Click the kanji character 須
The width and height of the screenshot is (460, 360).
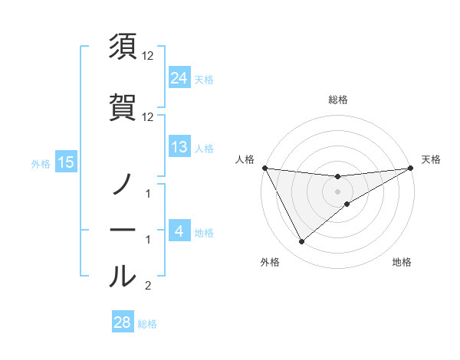123,47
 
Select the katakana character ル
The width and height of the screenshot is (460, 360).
123,276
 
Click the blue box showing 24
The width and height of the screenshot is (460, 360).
179,77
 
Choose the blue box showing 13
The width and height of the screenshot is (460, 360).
179,147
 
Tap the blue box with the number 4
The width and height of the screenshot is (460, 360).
179,231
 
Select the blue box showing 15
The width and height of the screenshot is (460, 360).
65,162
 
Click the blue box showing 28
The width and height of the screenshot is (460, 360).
122,322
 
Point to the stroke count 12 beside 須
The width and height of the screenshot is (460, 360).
148,56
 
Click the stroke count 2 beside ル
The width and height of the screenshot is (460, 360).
148,286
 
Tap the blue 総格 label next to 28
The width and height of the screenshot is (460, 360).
147,324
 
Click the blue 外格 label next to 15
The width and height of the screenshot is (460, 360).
41,163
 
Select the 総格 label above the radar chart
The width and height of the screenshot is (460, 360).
337,100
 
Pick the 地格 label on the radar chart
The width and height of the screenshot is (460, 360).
402,262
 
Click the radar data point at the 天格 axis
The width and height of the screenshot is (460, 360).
411,168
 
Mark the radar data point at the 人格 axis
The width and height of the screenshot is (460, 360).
264,168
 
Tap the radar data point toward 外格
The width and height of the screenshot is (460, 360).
301,242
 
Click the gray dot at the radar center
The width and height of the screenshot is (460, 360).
337,191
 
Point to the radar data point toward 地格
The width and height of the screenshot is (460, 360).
347,204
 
